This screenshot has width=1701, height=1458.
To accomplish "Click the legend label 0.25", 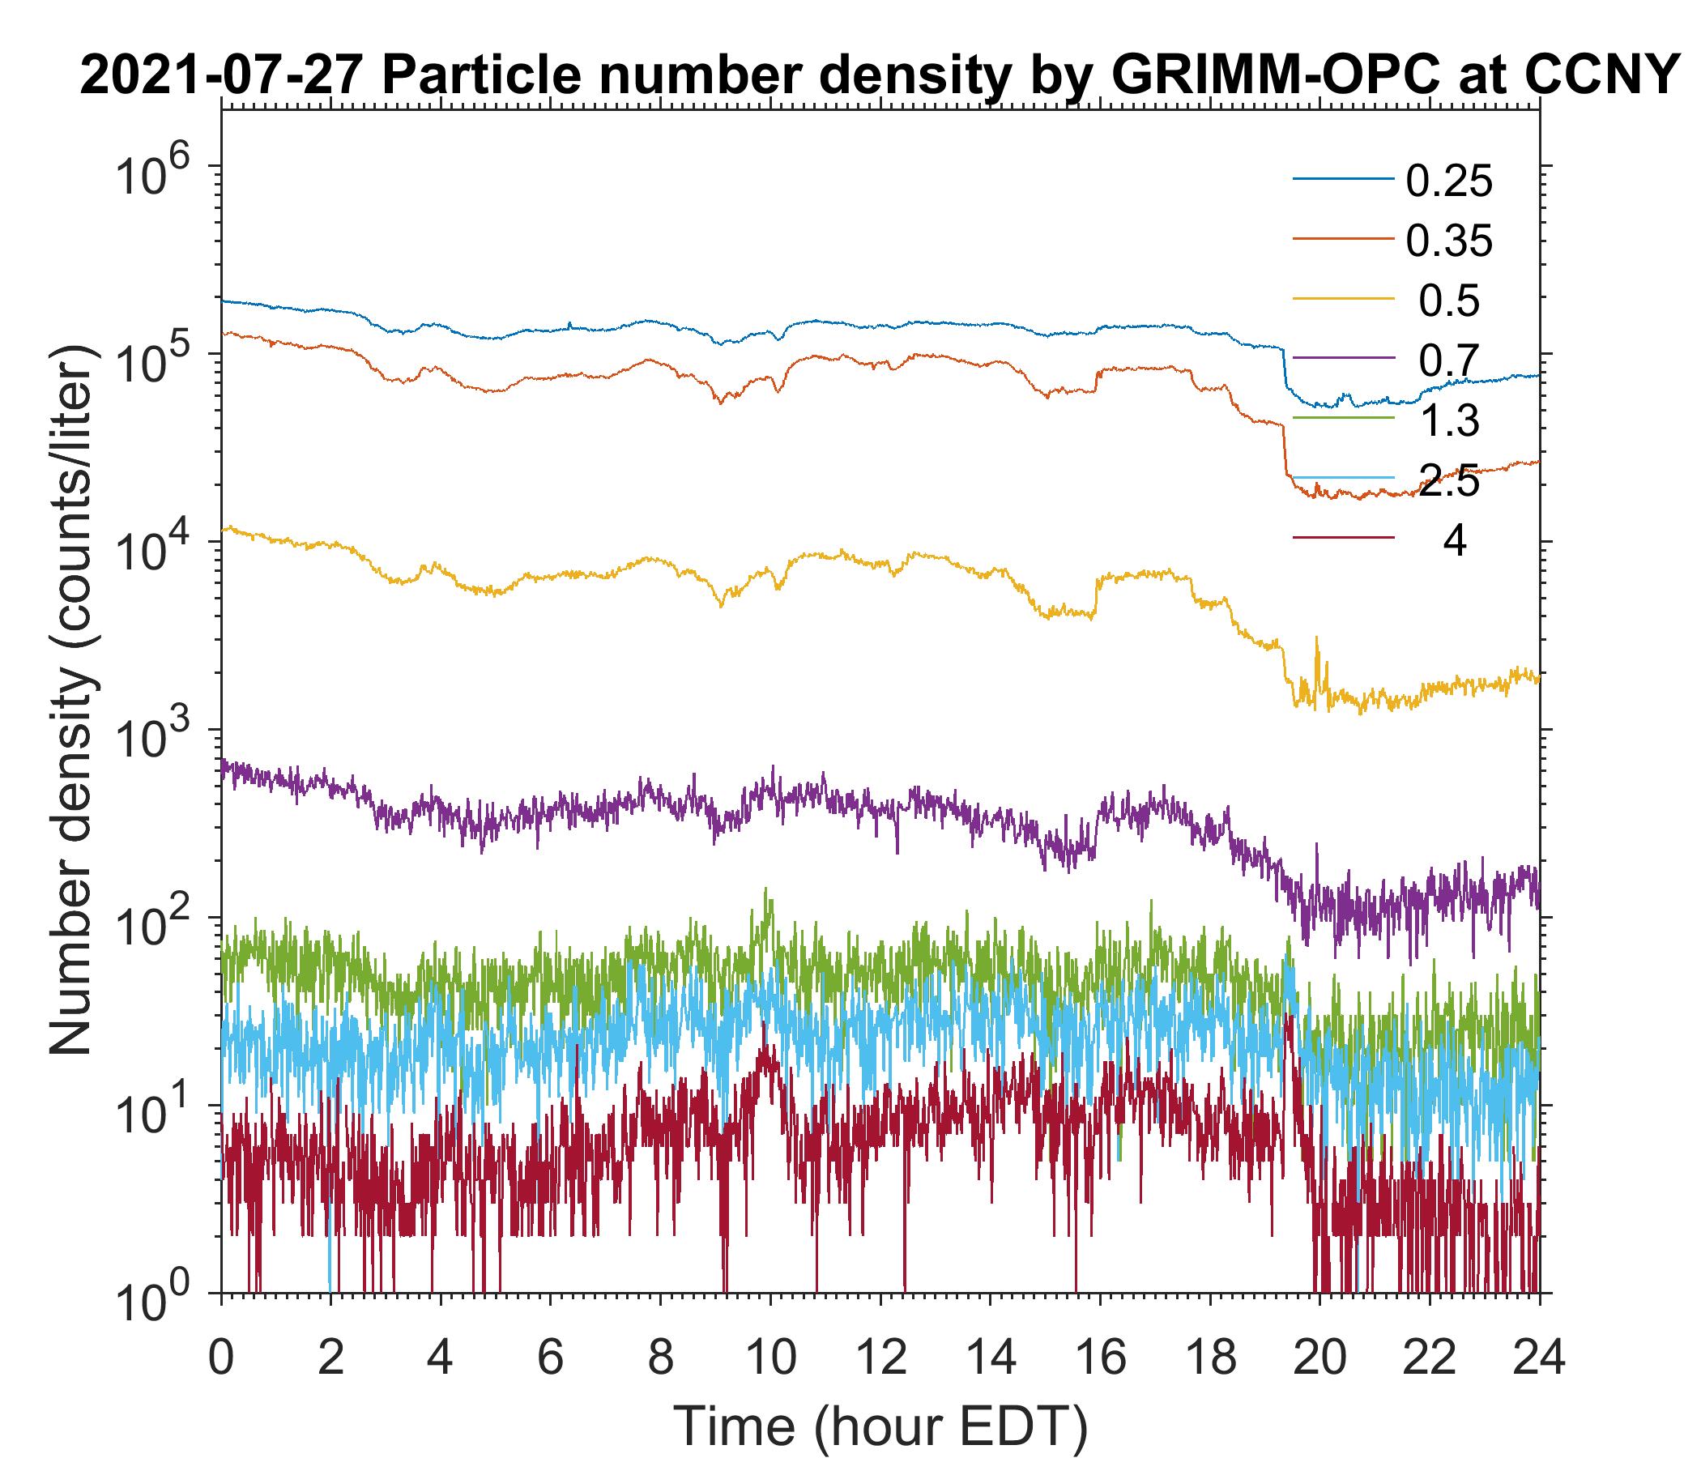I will click(x=1448, y=181).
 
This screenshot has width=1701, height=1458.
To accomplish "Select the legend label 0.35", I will click(x=1448, y=241).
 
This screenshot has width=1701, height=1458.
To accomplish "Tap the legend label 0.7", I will click(x=1448, y=361).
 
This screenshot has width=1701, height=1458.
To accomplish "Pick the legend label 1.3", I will click(x=1448, y=421).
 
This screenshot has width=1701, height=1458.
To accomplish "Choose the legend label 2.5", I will click(x=1448, y=481).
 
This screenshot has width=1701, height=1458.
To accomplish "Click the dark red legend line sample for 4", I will click(x=1343, y=539).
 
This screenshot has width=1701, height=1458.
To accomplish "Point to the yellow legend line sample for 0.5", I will click(x=1343, y=299).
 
